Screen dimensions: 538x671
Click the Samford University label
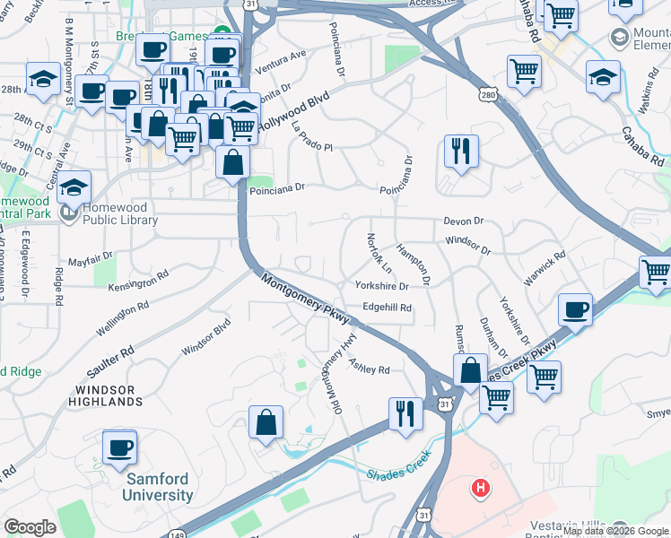coord(159,486)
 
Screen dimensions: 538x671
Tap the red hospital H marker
coord(482,489)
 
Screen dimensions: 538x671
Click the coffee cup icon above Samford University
coord(119,447)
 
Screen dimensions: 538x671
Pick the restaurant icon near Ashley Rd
coord(405,413)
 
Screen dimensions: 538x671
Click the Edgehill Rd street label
coord(387,308)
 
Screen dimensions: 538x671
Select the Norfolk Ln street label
coord(379,254)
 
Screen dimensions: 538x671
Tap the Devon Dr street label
coord(464,221)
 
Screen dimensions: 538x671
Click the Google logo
coord(30,527)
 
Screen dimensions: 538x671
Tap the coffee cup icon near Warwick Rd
coord(575,310)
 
